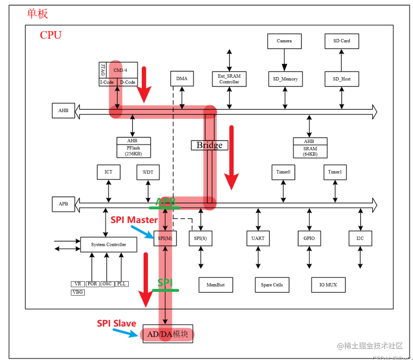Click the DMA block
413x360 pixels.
(x=182, y=78)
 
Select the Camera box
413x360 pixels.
(x=284, y=41)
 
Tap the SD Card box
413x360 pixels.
(x=341, y=41)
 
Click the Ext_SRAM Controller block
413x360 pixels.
(x=229, y=79)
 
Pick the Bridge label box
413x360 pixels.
(x=209, y=145)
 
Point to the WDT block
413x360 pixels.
(x=148, y=172)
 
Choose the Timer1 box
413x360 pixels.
(x=335, y=172)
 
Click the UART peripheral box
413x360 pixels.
(x=258, y=238)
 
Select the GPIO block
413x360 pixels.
(x=309, y=238)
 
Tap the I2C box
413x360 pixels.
(x=360, y=238)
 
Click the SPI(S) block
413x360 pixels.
(x=201, y=238)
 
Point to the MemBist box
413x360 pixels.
(x=215, y=285)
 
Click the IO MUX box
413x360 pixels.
(x=328, y=285)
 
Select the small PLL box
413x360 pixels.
(x=121, y=284)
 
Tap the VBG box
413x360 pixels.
(x=78, y=292)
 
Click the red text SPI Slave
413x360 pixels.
(x=116, y=323)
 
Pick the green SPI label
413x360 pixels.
(x=165, y=283)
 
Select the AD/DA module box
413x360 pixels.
(x=168, y=334)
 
